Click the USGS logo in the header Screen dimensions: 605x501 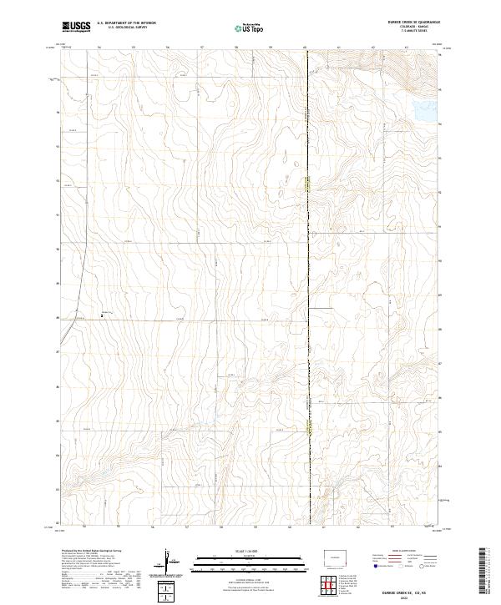(77, 27)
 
